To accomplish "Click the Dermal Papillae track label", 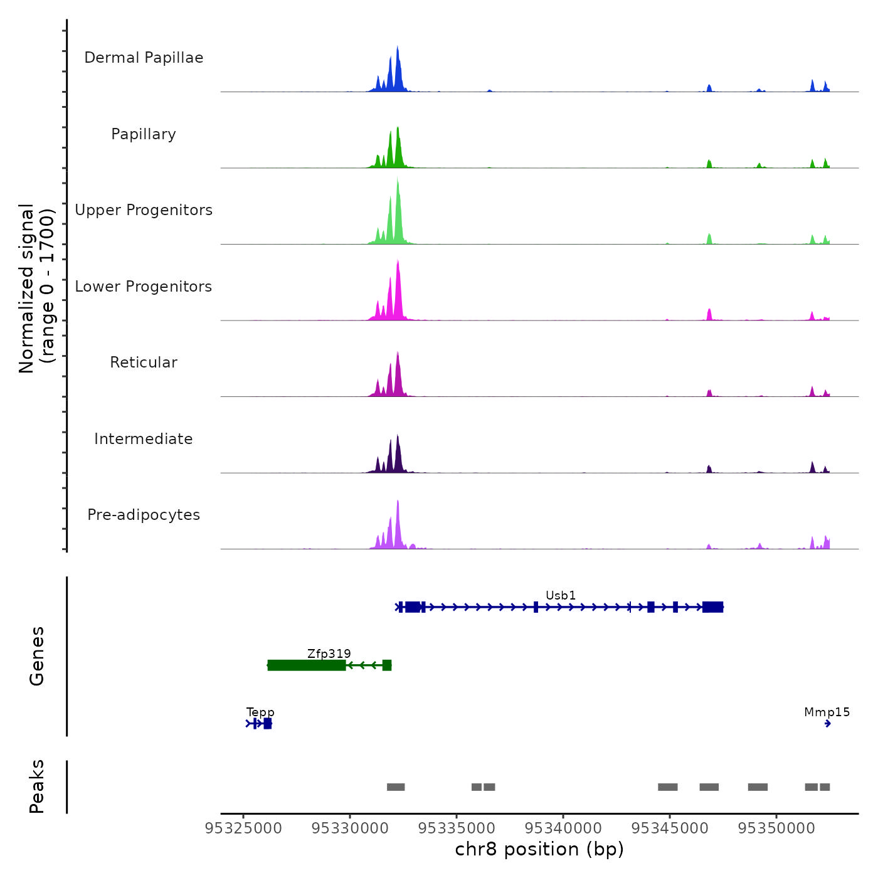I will [144, 58].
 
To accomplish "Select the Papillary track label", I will [144, 134].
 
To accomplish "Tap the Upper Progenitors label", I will [144, 210].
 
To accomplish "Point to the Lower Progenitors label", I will [144, 287].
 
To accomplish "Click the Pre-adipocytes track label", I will [144, 515].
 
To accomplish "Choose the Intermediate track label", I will [144, 439].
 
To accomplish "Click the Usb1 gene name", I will [561, 595].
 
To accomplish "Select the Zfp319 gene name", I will [329, 653].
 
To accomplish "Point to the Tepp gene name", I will [260, 712].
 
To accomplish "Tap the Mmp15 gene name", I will [827, 712].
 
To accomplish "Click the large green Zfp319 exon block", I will [307, 665].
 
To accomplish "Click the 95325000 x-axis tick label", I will [243, 828].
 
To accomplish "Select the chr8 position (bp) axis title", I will [539, 849].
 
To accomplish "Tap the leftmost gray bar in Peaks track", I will [396, 787].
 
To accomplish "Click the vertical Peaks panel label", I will [37, 786].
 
